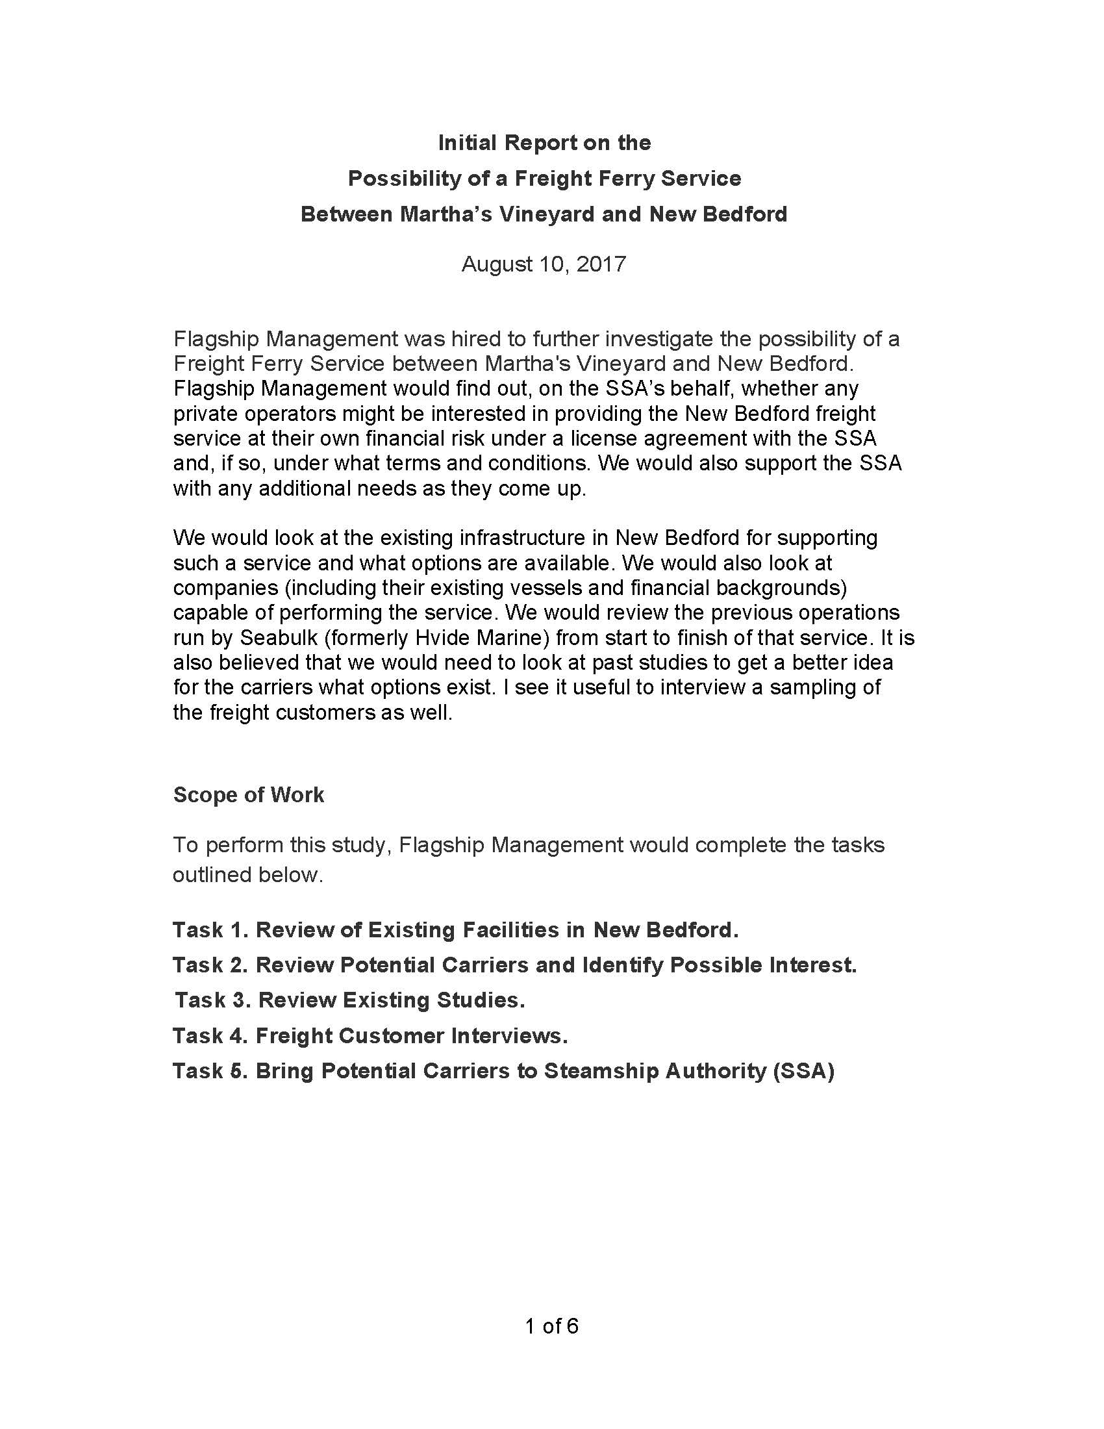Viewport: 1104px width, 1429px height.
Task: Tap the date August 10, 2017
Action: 544,264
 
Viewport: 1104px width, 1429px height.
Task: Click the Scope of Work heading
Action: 249,794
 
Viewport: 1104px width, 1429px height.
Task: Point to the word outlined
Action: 210,875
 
